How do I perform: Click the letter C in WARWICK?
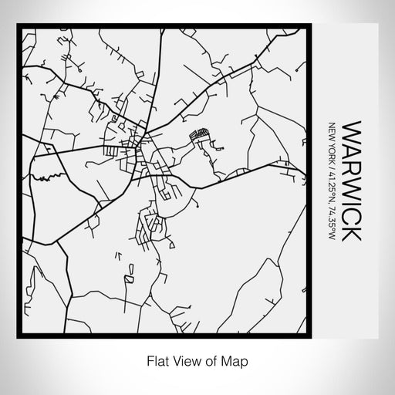coord(349,214)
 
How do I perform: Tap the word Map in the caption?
coord(238,360)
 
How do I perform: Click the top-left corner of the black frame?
coord(19,26)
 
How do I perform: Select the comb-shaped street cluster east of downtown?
coord(201,135)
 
